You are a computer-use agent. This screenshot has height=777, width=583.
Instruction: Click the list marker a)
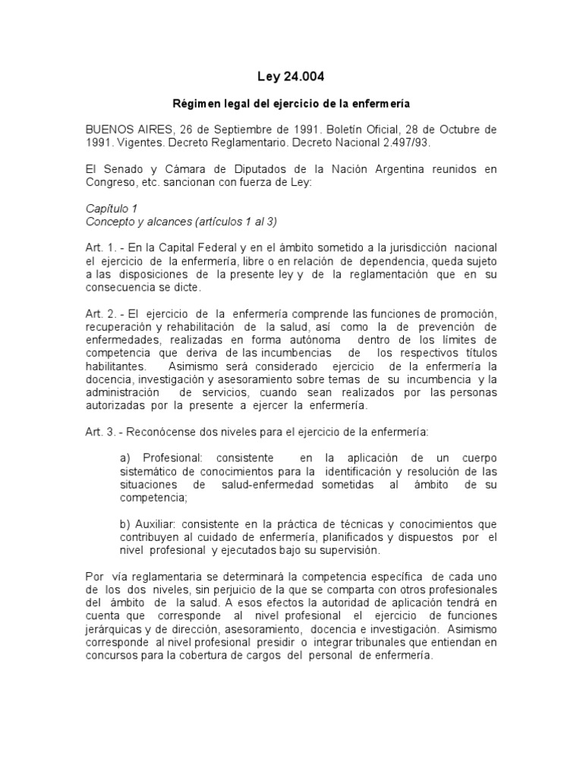[x=126, y=459]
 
